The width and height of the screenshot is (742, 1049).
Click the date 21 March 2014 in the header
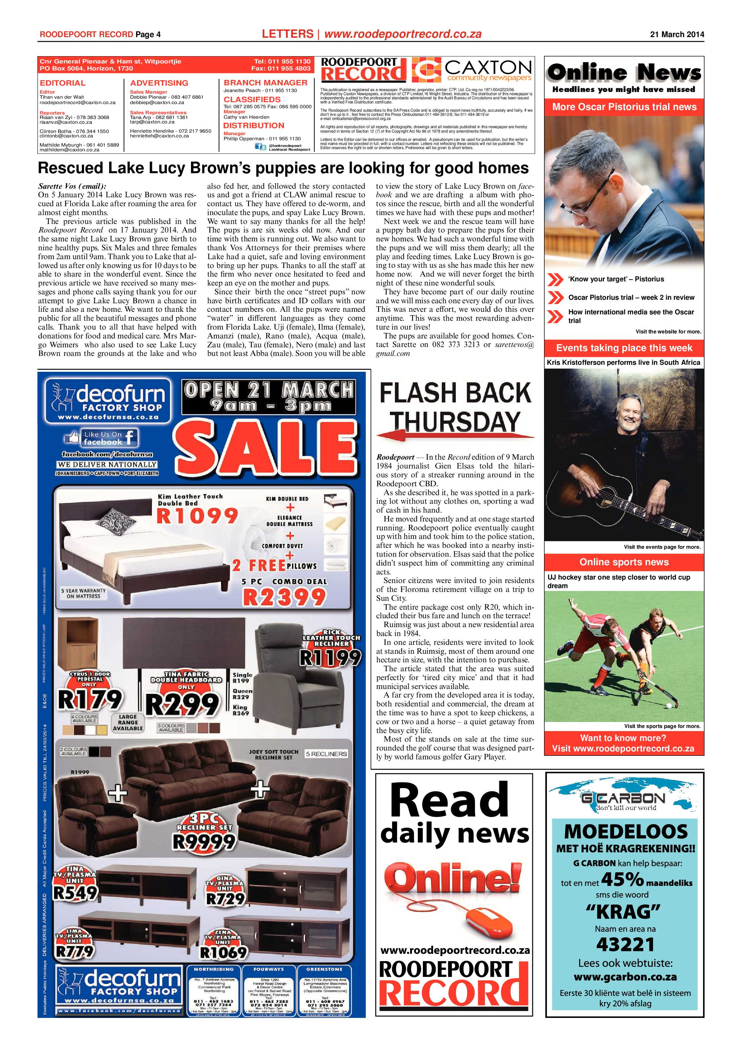point(677,34)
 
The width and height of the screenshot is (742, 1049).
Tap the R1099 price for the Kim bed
point(197,516)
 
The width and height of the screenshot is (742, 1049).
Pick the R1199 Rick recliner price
point(330,658)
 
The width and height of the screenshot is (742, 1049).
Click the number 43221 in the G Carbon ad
point(625,944)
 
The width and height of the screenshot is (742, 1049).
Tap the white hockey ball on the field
point(669,705)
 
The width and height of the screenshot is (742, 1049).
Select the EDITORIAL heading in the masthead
point(62,83)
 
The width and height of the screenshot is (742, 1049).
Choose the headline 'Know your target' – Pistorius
point(615,279)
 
